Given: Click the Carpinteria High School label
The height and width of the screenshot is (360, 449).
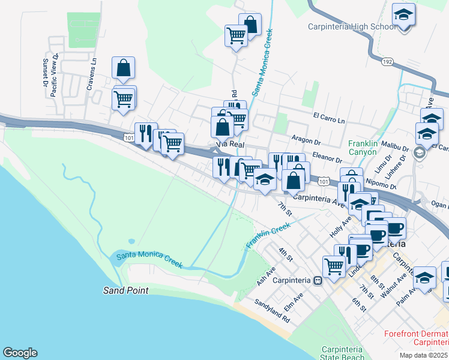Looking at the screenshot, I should click(351, 26).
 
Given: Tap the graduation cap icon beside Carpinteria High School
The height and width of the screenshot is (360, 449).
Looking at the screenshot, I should click(404, 15).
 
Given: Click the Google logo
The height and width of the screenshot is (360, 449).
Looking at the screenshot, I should click(20, 353).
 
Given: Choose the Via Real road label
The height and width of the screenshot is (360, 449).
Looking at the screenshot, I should click(229, 145).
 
